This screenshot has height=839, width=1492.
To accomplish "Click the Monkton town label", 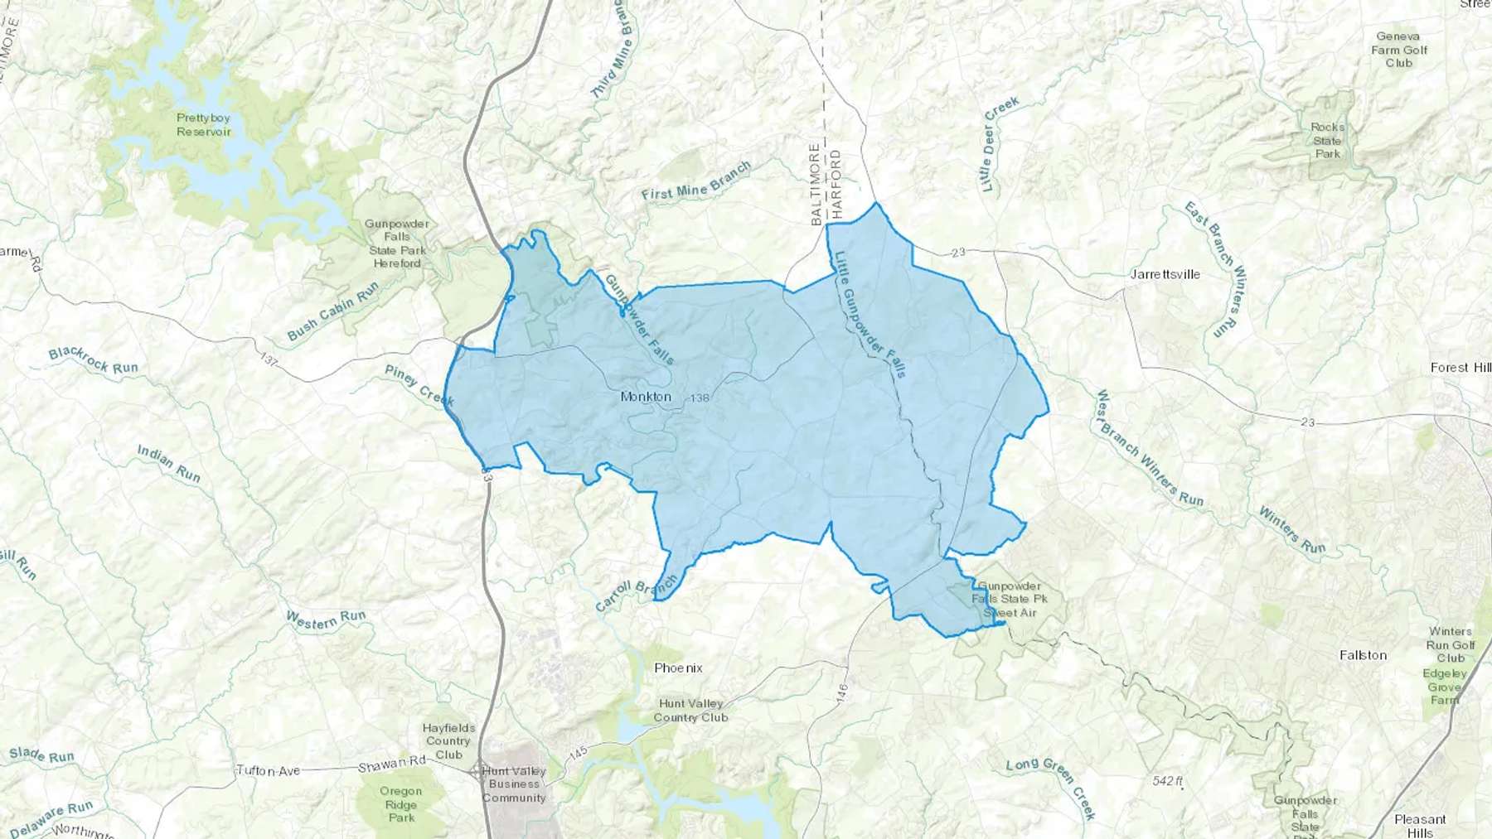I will click(646, 397).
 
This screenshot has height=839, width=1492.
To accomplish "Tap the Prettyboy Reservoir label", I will click(203, 125).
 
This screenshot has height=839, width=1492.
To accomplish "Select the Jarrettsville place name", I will click(1165, 274).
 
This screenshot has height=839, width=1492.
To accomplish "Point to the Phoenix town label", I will click(678, 668).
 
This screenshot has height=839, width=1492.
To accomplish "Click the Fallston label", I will click(1363, 655).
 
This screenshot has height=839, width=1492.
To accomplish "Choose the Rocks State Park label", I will click(1327, 140).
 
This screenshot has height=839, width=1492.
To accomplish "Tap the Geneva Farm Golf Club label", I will click(1398, 50).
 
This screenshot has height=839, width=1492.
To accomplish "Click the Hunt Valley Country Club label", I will click(690, 711).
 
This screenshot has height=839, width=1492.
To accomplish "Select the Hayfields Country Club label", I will click(448, 741).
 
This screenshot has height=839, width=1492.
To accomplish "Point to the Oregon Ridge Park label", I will click(401, 804).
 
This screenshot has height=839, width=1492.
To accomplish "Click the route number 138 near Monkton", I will click(700, 398).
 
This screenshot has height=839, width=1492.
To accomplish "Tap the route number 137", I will click(268, 360).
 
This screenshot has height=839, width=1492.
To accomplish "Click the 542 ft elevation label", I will click(1167, 781).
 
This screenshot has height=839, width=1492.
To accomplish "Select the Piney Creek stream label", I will click(419, 385).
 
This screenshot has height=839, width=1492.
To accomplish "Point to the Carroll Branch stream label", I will click(636, 593).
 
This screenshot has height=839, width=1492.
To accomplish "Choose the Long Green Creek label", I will click(1051, 788).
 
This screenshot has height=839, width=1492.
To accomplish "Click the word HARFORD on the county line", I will click(836, 184).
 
